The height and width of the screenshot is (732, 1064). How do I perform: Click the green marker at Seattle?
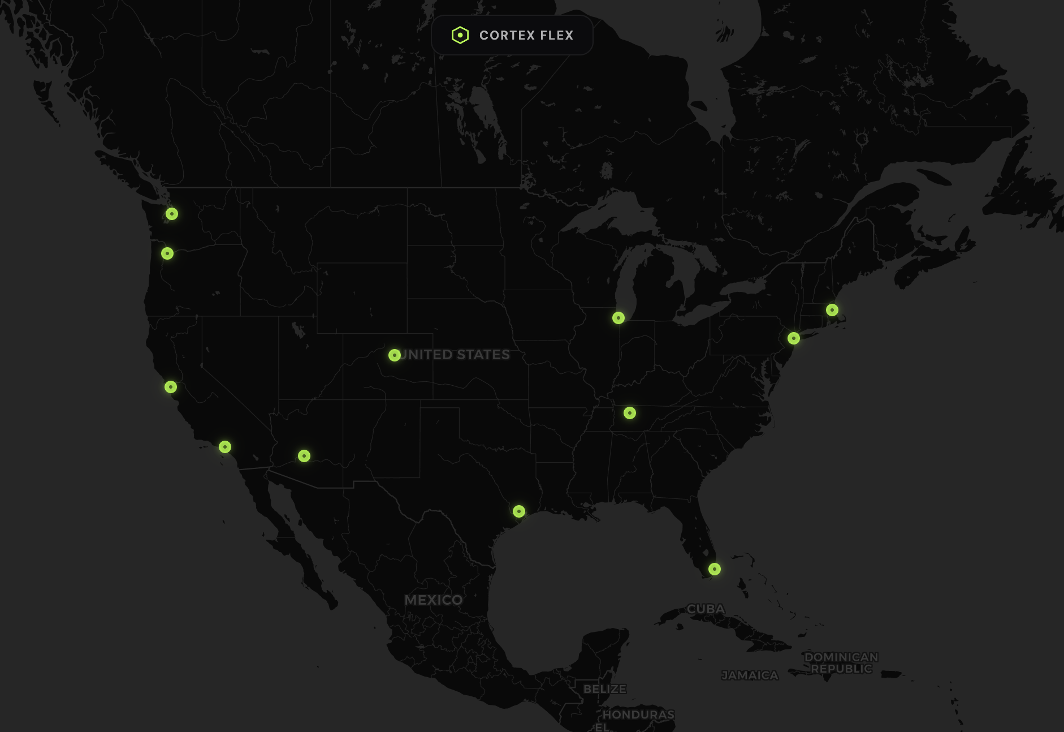172,214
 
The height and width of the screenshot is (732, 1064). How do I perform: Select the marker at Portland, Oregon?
167,253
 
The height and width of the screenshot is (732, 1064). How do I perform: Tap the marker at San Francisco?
171,387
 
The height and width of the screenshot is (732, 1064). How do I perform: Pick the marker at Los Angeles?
225,447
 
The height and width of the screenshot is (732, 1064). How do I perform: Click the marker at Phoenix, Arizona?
304,456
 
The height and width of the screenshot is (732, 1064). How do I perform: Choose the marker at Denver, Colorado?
395,355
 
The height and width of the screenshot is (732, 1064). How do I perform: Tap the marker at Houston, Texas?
519,511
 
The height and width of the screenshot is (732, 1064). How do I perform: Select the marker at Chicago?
618,318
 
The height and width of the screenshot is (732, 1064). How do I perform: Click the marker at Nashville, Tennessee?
630,413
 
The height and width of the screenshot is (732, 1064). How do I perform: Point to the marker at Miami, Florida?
715,569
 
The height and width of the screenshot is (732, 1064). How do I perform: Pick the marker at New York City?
794,338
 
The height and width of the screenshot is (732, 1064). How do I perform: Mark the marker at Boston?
832,310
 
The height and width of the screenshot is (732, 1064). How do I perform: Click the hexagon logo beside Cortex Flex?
460,35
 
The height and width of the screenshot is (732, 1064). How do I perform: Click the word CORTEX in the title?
507,36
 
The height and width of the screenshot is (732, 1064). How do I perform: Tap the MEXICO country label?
434,600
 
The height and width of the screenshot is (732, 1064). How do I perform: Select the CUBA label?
706,609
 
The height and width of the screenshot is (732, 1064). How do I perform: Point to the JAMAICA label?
750,675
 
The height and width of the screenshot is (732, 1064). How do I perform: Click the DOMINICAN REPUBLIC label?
841,663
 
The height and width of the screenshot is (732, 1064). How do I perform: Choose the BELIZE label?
605,689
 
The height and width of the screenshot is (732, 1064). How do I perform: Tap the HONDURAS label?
638,714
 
